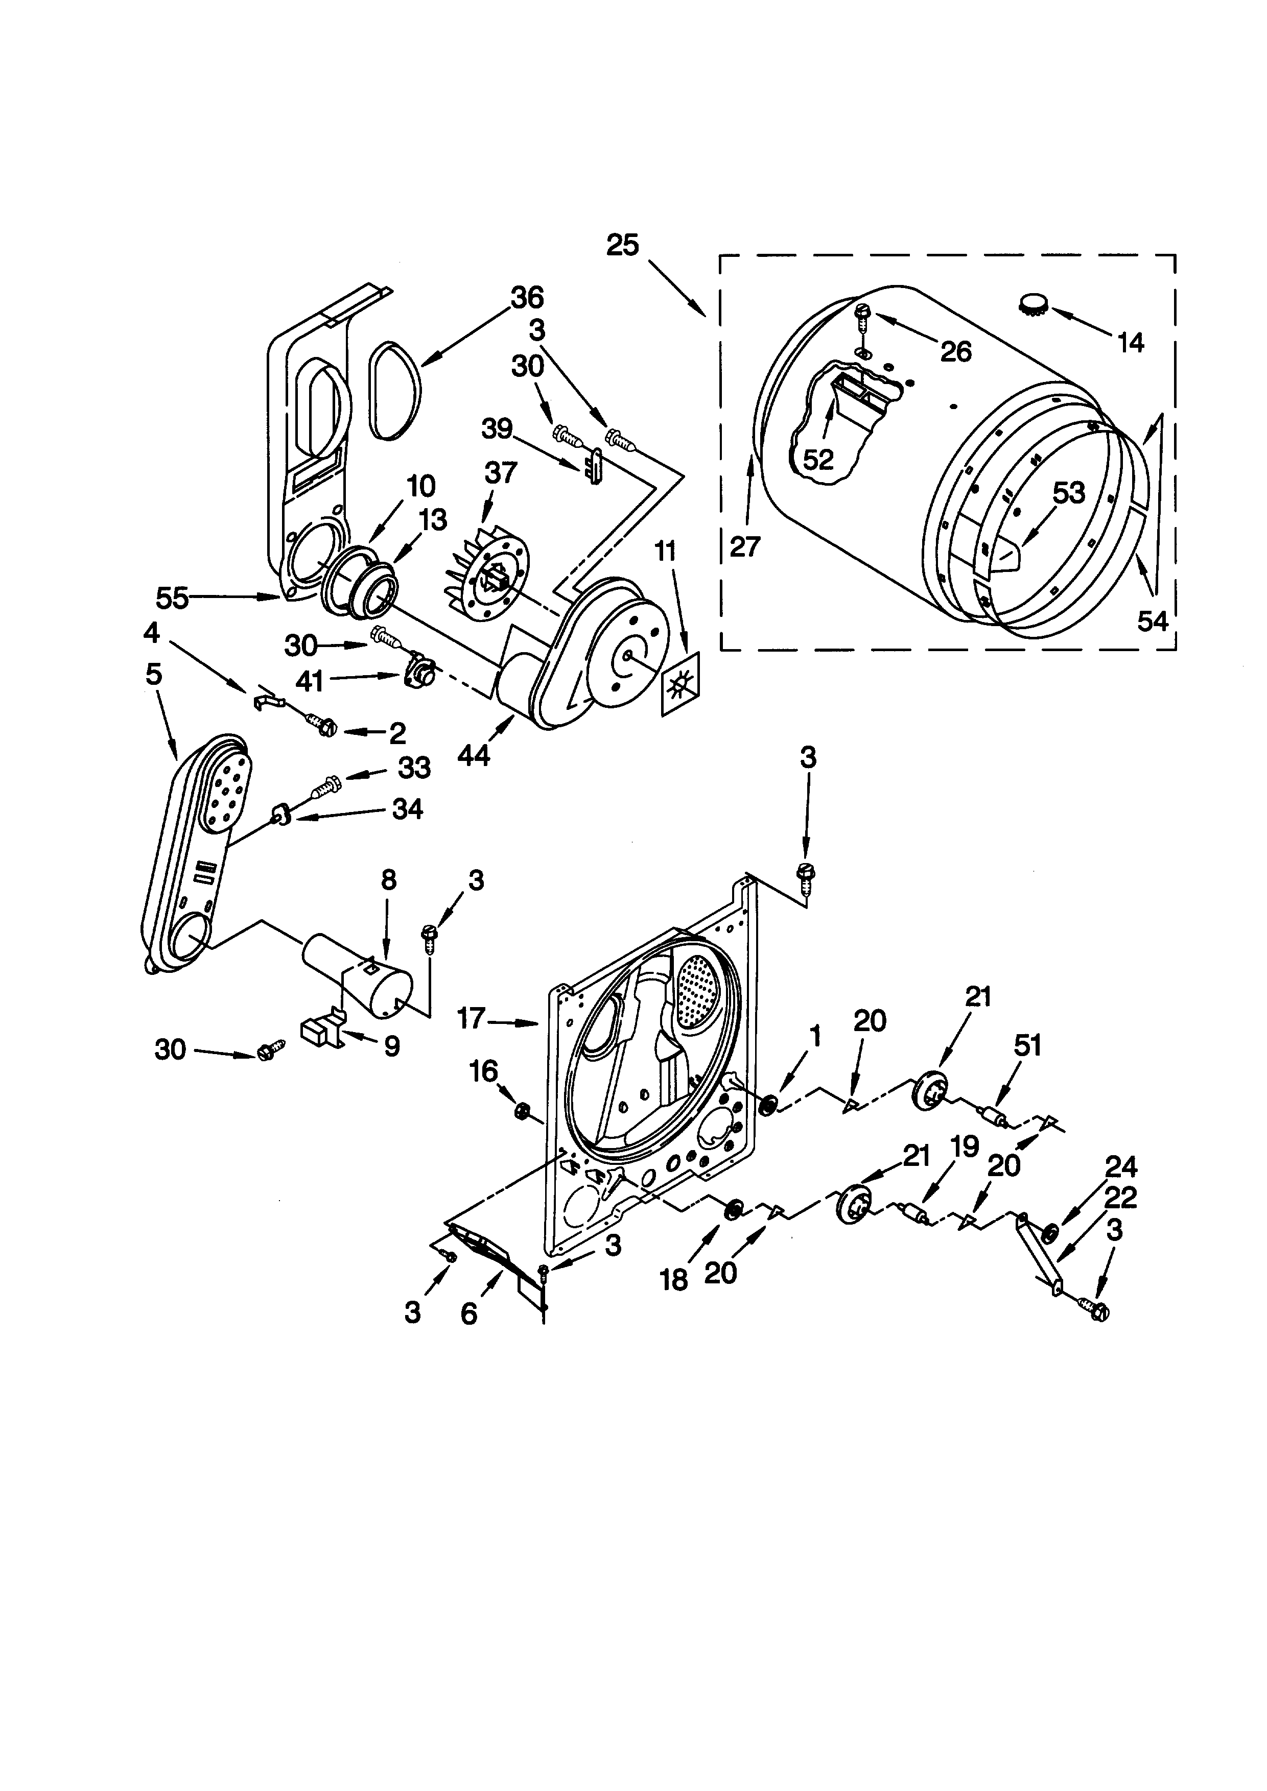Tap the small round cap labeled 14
point(1036,303)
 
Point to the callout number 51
point(1027,1045)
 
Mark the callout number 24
point(1120,1167)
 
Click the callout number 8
point(388,880)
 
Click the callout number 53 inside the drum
point(1069,492)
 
